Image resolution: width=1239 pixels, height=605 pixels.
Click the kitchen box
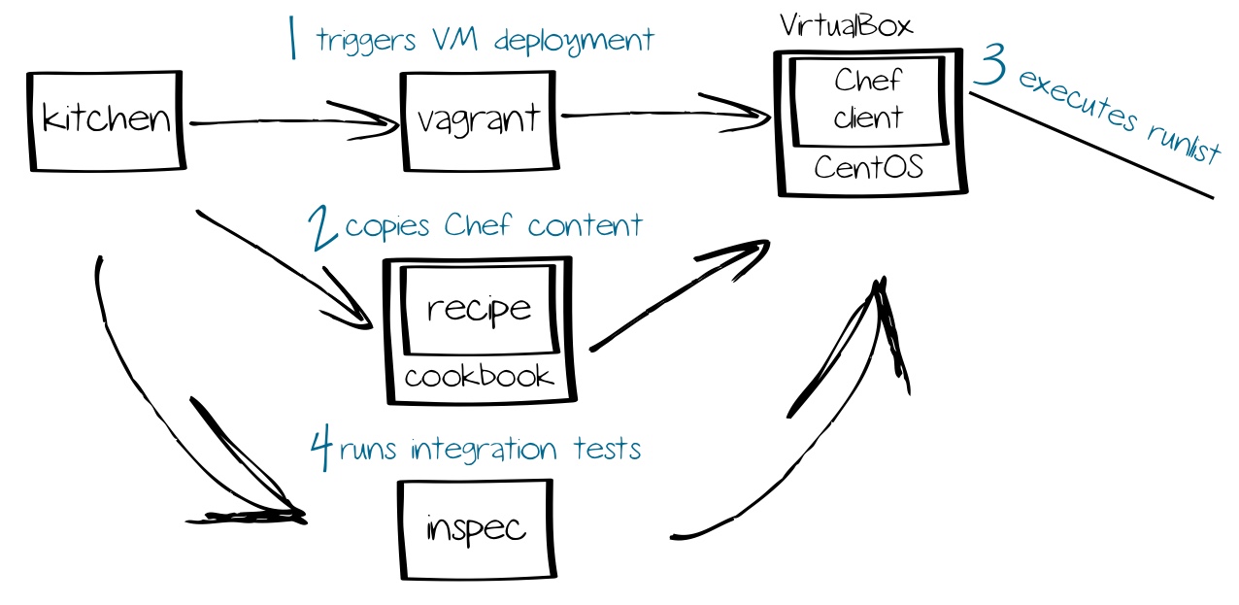pos(106,120)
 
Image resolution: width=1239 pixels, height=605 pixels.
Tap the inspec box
pos(476,529)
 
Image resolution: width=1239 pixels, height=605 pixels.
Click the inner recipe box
pos(479,309)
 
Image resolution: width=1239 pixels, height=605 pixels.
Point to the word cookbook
pos(479,377)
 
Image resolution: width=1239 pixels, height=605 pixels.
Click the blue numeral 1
pos(292,42)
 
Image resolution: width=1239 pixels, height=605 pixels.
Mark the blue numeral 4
pos(321,449)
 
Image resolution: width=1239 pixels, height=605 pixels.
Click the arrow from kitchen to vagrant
pos(291,121)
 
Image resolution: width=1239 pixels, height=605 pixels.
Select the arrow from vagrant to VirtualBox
pos(660,115)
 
